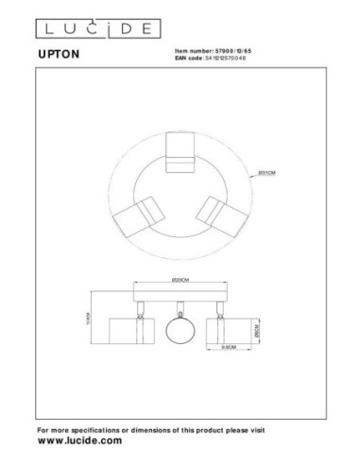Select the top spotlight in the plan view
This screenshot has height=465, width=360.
point(180,153)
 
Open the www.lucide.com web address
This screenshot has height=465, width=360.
point(79,441)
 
